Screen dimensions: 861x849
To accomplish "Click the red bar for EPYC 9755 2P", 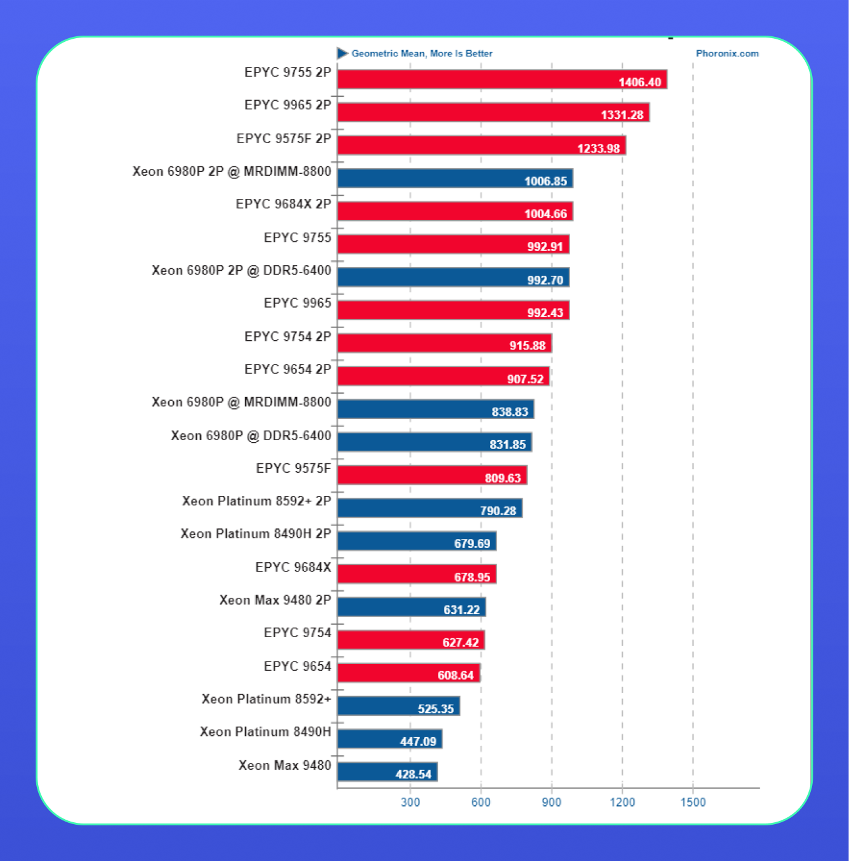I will coord(502,79).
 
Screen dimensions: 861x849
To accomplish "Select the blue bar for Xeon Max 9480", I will coord(387,772).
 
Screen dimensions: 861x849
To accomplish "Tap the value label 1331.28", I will coord(622,115).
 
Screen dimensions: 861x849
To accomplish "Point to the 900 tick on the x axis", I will coord(551,802).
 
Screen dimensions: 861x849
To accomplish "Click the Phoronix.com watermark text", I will coord(727,54).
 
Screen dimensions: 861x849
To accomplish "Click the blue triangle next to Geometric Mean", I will coord(342,53).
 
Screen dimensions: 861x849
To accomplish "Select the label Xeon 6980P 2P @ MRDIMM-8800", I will coord(231,171).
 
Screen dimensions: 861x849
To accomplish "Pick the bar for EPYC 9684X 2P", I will coord(455,211).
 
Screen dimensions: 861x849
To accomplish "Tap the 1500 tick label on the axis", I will coord(693,802).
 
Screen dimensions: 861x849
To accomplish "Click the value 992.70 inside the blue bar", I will coord(545,280).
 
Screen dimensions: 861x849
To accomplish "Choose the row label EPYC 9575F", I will coord(293,468).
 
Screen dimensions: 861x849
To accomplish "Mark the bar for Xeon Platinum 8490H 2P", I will coord(416,541).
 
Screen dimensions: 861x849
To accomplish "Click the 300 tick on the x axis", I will coord(410,802).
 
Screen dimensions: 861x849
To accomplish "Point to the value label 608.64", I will coord(455,675).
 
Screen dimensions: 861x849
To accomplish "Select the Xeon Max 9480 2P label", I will coord(275,600).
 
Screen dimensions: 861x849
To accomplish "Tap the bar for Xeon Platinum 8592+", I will coord(398,706).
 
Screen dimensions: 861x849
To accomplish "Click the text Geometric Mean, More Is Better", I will coord(421,54).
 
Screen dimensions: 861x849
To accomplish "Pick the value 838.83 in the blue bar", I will coord(510,412).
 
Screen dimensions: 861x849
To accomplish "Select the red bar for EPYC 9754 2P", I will coord(444,343).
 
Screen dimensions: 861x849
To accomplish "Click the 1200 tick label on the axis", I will coord(622,802).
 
